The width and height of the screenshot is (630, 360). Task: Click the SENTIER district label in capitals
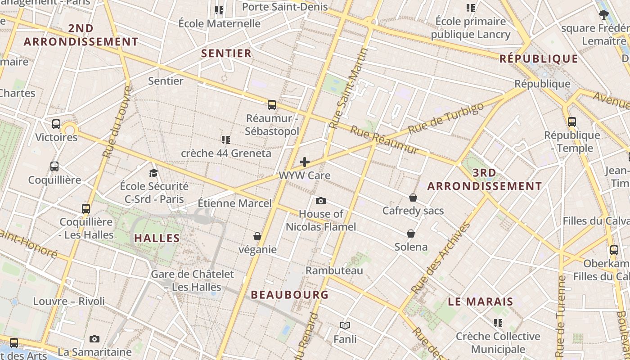[x=226, y=54]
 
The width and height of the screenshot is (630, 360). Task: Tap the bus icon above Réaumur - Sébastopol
[x=271, y=105]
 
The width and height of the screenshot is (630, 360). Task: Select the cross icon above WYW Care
[x=305, y=162]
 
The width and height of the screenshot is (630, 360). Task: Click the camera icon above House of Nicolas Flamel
[x=320, y=201]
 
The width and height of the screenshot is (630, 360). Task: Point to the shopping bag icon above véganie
[x=257, y=236]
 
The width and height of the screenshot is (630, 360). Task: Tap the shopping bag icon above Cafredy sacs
[x=413, y=198]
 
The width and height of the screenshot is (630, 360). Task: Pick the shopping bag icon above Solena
[x=411, y=234]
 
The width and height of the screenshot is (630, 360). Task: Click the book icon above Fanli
[x=345, y=325]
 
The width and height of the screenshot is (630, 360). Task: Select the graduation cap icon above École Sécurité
[x=154, y=173]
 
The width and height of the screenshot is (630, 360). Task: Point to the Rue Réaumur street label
[x=384, y=140]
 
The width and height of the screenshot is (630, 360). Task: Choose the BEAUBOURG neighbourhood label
[x=289, y=295]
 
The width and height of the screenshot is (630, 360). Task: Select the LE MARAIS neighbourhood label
[x=481, y=301]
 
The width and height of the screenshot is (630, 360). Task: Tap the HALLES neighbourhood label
[x=157, y=238]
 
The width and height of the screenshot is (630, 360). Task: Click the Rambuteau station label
[x=334, y=270]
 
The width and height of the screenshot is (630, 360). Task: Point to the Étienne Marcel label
[x=235, y=203]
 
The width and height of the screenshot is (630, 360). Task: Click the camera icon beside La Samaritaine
[x=94, y=339]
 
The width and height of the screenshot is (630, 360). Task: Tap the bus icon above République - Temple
[x=571, y=122]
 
